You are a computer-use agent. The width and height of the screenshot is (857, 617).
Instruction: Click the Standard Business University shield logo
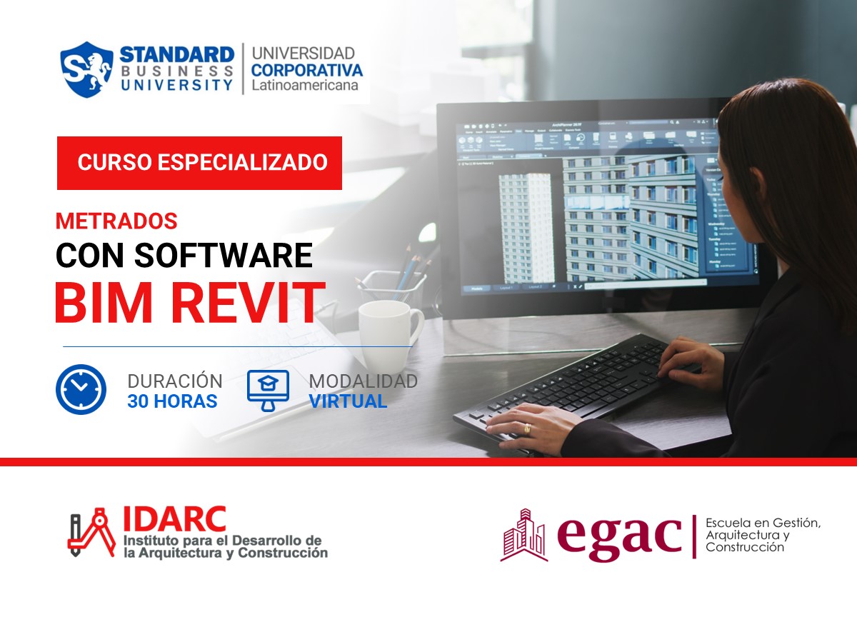(x=86, y=69)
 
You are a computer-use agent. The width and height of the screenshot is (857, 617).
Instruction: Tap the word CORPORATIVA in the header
(x=306, y=70)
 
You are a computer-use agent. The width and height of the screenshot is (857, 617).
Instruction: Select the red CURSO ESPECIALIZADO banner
(x=199, y=162)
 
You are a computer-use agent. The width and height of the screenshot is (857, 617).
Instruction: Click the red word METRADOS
(x=116, y=221)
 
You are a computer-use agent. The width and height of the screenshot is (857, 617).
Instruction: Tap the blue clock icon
(x=81, y=390)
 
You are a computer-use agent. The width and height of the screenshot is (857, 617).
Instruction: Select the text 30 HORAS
(x=172, y=401)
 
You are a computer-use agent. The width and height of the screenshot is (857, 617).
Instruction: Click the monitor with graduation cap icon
(x=268, y=390)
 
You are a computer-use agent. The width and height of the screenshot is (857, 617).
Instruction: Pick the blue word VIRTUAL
(x=348, y=401)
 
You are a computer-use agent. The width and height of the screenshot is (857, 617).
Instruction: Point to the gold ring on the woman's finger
(x=528, y=428)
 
